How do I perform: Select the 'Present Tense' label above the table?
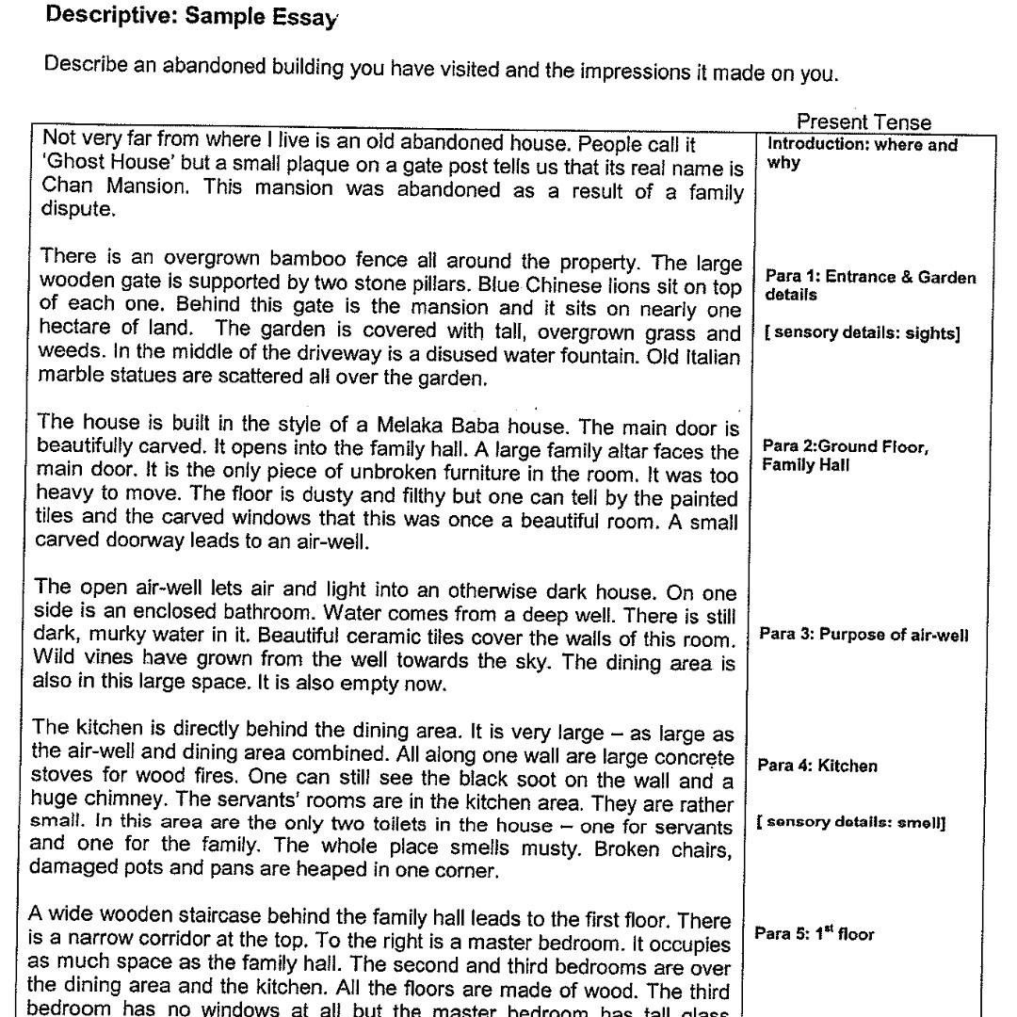(863, 122)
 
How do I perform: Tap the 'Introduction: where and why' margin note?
(862, 153)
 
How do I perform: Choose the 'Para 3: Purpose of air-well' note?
(864, 634)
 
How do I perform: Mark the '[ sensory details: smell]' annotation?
(851, 822)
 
